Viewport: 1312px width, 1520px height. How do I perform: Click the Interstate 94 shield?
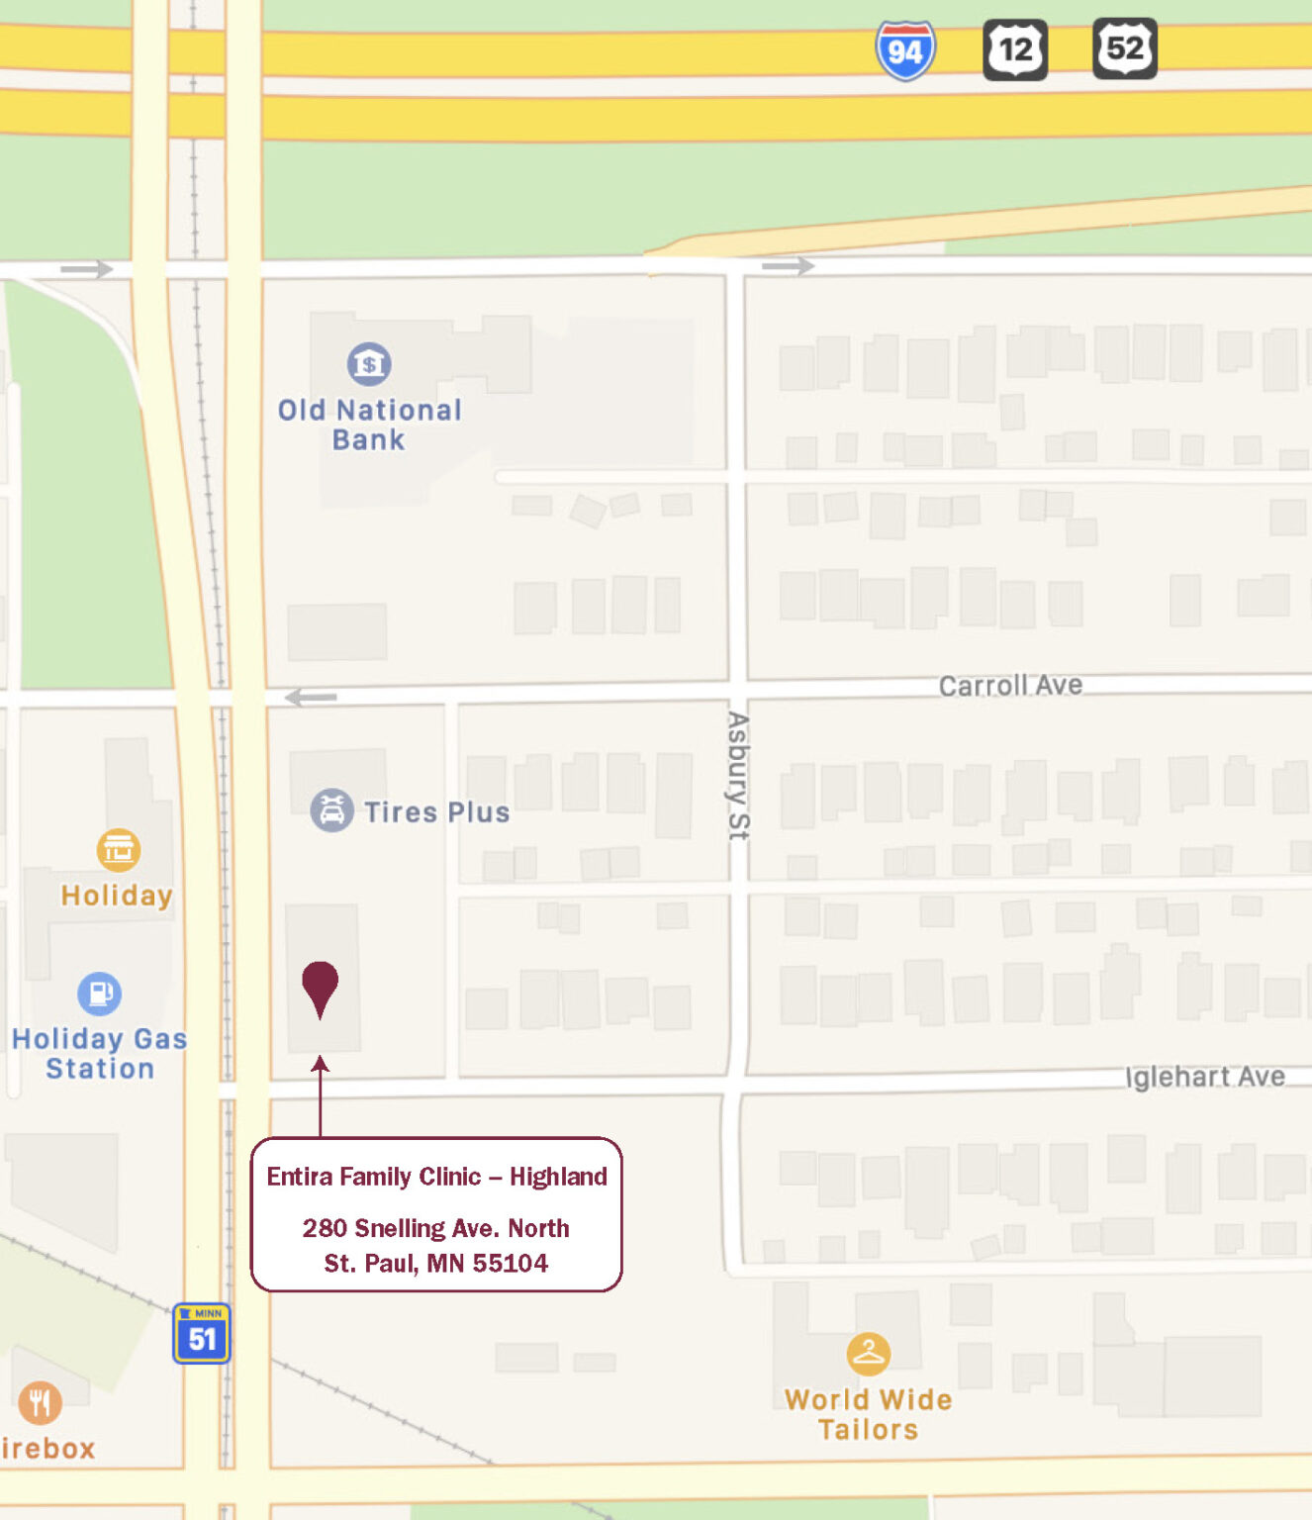coord(904,50)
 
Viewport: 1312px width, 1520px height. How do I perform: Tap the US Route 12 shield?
coord(1015,49)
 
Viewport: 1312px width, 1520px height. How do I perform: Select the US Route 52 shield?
coord(1124,48)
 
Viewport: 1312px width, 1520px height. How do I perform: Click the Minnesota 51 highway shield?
coord(202,1334)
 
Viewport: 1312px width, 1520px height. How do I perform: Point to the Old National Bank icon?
coord(369,364)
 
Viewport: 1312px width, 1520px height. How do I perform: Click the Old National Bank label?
coord(369,425)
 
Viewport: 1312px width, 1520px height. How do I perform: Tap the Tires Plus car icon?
coord(331,810)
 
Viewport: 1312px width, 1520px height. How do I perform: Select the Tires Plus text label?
coord(436,812)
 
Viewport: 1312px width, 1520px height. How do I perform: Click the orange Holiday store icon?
coord(118,849)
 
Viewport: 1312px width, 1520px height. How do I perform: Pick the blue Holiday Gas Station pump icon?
coord(99,993)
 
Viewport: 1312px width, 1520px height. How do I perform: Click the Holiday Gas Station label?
coord(99,1054)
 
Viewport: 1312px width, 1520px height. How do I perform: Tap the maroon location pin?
coord(320,986)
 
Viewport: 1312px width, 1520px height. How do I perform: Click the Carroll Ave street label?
coord(1010,686)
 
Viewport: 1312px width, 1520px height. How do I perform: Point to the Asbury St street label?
coord(738,776)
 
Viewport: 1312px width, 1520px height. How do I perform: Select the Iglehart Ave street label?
coord(1205,1077)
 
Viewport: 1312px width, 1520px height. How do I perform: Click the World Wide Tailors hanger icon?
coord(868,1354)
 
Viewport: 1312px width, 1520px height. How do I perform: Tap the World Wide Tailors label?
coord(868,1414)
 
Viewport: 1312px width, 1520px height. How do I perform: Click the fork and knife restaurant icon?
coord(40,1402)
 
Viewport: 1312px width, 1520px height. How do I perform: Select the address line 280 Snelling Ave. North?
coord(435,1228)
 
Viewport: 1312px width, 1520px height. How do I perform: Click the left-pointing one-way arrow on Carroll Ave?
coord(311,698)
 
